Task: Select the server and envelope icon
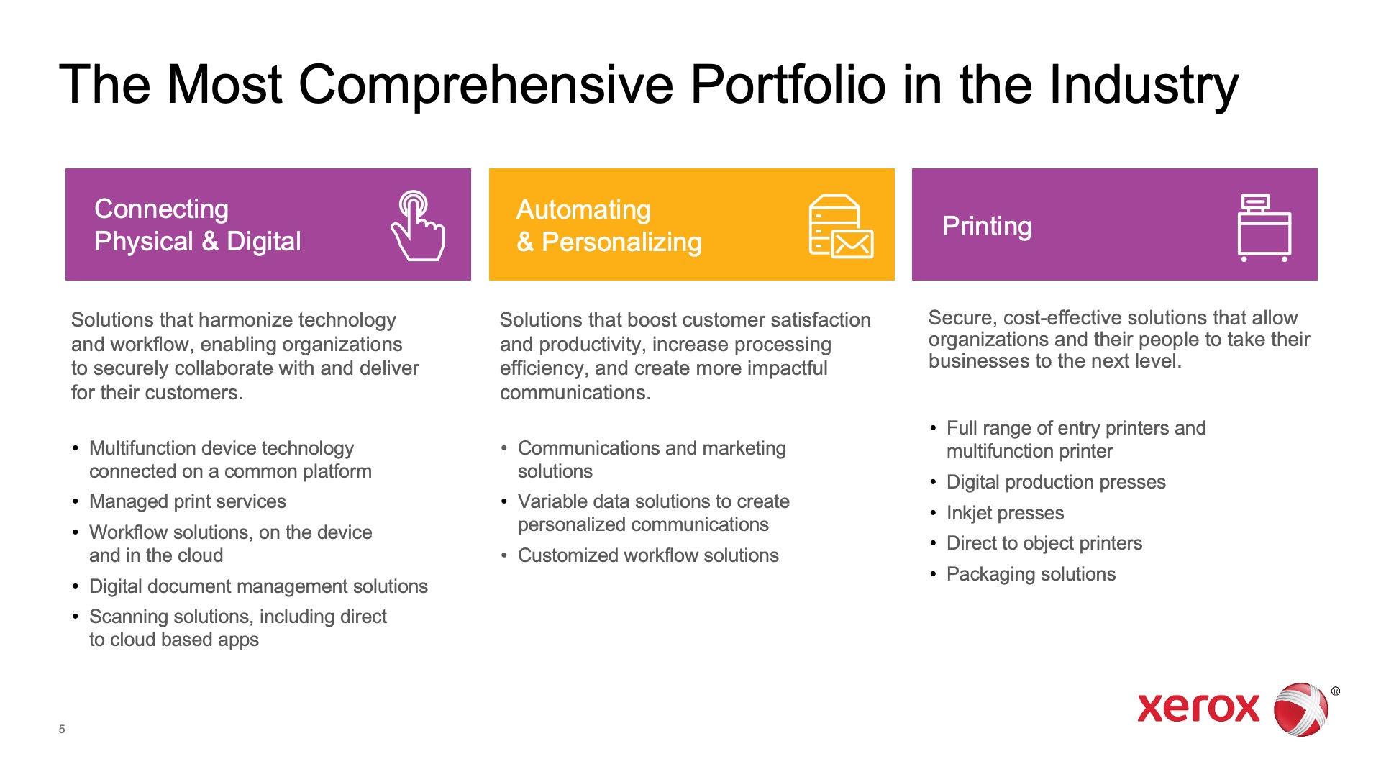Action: coord(841,226)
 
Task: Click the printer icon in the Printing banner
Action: coord(1264,227)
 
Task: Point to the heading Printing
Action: coord(987,227)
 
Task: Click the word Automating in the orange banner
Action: coord(583,209)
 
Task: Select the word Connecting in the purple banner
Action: coord(161,209)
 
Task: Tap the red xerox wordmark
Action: coord(1198,709)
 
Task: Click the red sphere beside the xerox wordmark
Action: coord(1300,709)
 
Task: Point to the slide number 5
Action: coord(62,729)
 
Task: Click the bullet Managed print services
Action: coord(188,501)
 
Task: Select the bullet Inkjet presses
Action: coord(1005,513)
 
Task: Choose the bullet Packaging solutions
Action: coord(1031,574)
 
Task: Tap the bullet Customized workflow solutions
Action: coord(648,555)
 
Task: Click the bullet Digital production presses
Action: coord(1056,482)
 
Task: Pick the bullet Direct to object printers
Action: coord(1044,543)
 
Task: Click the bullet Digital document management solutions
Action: coord(258,586)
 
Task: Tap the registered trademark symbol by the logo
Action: coord(1336,691)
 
